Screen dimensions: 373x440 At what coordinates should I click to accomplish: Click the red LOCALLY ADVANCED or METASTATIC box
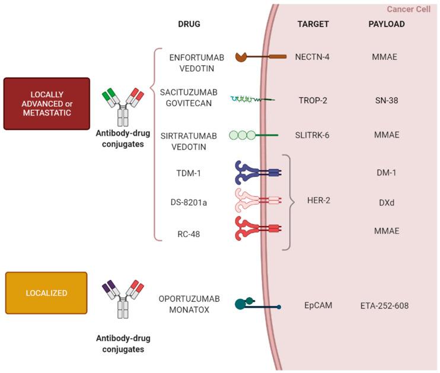pyautogui.click(x=46, y=104)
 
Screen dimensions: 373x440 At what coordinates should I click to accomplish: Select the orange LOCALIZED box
pyautogui.click(x=46, y=293)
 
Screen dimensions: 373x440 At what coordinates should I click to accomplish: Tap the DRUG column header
pyautogui.click(x=189, y=24)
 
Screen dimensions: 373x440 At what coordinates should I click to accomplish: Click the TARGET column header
pyautogui.click(x=313, y=24)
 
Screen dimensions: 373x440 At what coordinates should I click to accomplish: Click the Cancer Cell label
pyautogui.click(x=409, y=9)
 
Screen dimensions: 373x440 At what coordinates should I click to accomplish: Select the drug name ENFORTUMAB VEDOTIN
pyautogui.click(x=189, y=62)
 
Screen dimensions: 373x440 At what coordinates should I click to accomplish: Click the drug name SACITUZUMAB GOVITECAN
pyautogui.click(x=189, y=99)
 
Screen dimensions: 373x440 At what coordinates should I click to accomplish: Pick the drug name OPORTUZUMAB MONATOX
pyautogui.click(x=184, y=304)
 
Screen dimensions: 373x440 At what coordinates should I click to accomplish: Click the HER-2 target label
pyautogui.click(x=320, y=200)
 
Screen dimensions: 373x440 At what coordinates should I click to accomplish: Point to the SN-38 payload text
pyautogui.click(x=386, y=100)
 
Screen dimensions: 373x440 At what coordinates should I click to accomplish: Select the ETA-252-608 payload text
pyautogui.click(x=384, y=305)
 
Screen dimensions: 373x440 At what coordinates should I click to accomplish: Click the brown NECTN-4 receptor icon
pyautogui.click(x=260, y=57)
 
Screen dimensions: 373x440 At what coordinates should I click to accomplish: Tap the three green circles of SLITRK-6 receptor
pyautogui.click(x=242, y=135)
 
